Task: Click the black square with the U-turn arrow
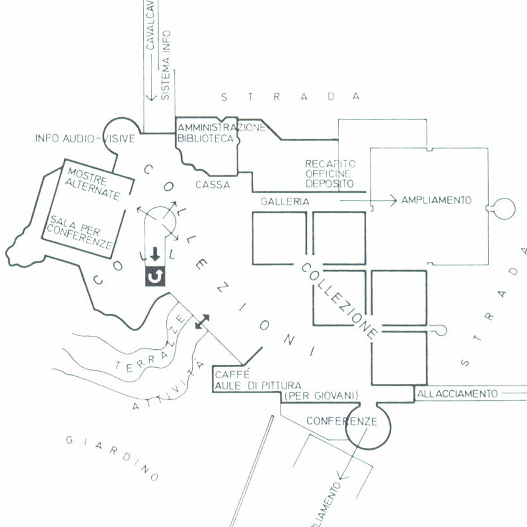(155, 277)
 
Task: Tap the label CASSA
(212, 185)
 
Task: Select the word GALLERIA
(284, 202)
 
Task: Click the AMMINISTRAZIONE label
(222, 128)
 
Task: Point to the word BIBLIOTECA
(205, 138)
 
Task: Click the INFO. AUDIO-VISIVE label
(85, 138)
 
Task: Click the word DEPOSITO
(329, 184)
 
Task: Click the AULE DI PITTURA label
(258, 386)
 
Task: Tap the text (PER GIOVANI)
(321, 396)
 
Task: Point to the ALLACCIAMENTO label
(457, 394)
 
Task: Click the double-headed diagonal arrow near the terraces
(202, 322)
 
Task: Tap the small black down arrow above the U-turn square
(154, 255)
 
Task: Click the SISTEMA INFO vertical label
(165, 65)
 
